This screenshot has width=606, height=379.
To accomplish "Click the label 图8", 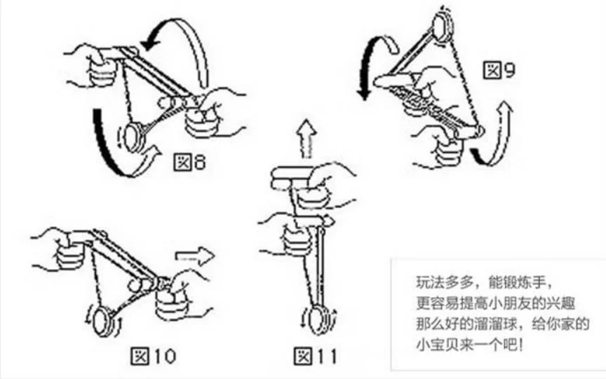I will pos(189,163).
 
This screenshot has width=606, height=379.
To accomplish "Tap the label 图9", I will pos(499,70).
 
